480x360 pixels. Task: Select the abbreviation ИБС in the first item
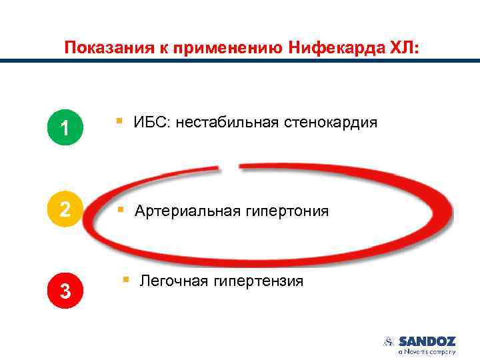click(150, 123)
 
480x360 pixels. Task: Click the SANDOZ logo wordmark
click(427, 341)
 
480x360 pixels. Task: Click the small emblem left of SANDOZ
click(389, 341)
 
